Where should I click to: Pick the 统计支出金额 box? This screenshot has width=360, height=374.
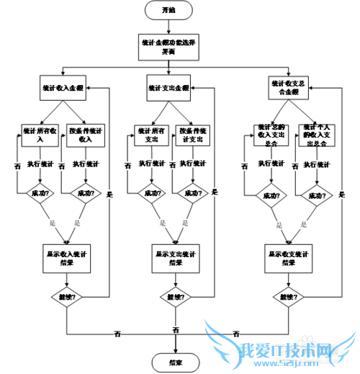coord(169,87)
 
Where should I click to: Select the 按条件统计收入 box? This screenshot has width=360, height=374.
coord(86,134)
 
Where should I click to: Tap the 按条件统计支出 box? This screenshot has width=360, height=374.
coord(195,135)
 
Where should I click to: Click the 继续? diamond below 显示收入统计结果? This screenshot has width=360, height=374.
coord(66,296)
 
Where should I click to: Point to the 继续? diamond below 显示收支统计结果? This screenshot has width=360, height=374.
coord(289,296)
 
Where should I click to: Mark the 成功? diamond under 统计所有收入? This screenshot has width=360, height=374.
coord(40,193)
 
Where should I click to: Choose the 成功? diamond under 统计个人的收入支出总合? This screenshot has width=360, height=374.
coord(316,195)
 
